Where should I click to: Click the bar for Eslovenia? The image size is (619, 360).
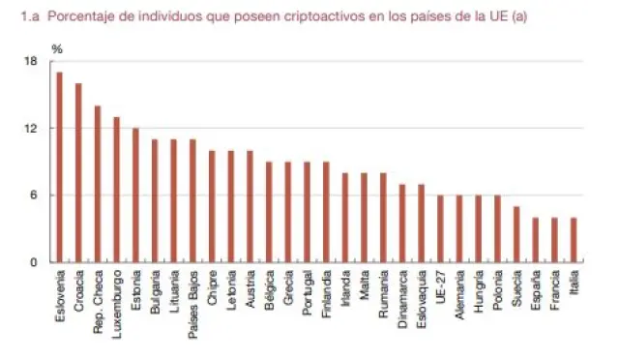(59, 167)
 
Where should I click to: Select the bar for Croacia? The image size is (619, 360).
(78, 173)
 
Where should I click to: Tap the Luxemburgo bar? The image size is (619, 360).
(116, 190)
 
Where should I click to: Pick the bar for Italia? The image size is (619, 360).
(574, 240)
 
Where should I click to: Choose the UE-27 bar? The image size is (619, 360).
(440, 228)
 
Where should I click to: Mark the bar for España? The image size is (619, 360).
(535, 240)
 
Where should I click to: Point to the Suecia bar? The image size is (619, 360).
(516, 234)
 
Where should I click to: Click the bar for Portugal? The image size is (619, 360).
(307, 212)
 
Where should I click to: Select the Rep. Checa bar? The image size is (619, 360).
(97, 184)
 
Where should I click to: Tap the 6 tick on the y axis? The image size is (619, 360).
(33, 195)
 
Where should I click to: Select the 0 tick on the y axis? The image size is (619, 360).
(33, 262)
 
